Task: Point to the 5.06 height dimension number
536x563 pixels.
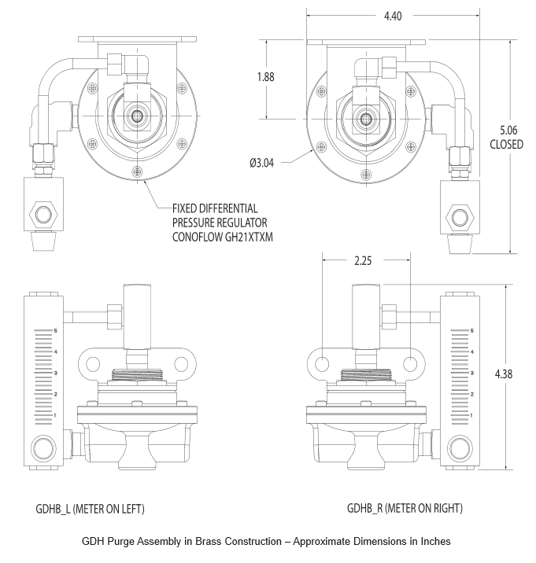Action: coord(506,130)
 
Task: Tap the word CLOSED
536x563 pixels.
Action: coord(506,145)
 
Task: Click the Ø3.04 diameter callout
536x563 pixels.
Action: coord(261,164)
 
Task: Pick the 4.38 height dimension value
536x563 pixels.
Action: coord(504,374)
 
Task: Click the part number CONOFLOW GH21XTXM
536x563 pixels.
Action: coord(222,236)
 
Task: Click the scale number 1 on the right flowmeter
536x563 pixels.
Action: coord(471,414)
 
